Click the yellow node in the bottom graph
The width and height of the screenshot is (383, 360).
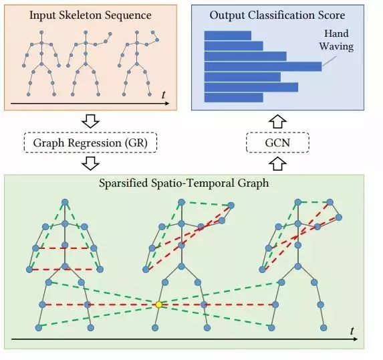pyautogui.click(x=159, y=304)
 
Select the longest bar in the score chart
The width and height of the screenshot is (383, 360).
pyautogui.click(x=263, y=67)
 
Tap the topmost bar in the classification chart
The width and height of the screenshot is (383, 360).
pyautogui.click(x=228, y=35)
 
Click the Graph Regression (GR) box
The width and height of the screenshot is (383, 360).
pyautogui.click(x=90, y=143)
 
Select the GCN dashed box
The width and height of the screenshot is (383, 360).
pyautogui.click(x=277, y=143)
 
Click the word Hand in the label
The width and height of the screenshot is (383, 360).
pyautogui.click(x=336, y=33)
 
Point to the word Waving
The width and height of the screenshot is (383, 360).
pyautogui.click(x=337, y=46)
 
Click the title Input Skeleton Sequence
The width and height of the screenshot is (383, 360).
pyautogui.click(x=90, y=15)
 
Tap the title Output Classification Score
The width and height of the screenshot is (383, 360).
pyautogui.click(x=277, y=15)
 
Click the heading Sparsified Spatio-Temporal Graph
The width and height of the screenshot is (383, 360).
pyautogui.click(x=184, y=183)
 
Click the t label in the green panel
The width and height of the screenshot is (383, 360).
pyautogui.click(x=352, y=331)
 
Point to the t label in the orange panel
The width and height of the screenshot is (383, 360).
pyautogui.click(x=163, y=94)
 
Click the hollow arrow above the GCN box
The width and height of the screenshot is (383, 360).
pyautogui.click(x=277, y=121)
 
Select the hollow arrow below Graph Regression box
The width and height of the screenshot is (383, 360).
pyautogui.click(x=90, y=163)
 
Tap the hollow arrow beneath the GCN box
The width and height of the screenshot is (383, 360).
pyautogui.click(x=277, y=163)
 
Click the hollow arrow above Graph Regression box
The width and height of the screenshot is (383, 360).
pyautogui.click(x=90, y=121)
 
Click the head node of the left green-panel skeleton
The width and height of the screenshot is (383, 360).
pyautogui.click(x=65, y=202)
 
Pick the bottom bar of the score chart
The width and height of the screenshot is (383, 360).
pyautogui.click(x=233, y=98)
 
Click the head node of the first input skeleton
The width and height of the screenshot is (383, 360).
pyautogui.click(x=41, y=32)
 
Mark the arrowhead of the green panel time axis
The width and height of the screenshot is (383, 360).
pyautogui.click(x=356, y=339)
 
